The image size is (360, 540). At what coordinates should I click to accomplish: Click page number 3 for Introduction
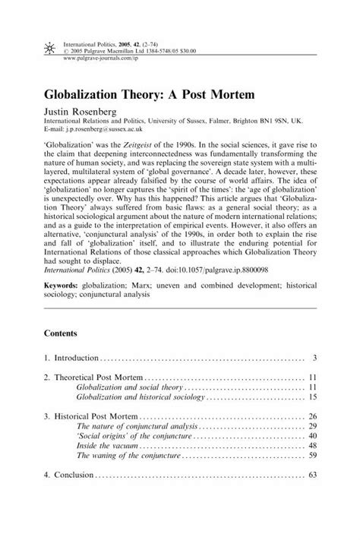(x=314, y=357)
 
